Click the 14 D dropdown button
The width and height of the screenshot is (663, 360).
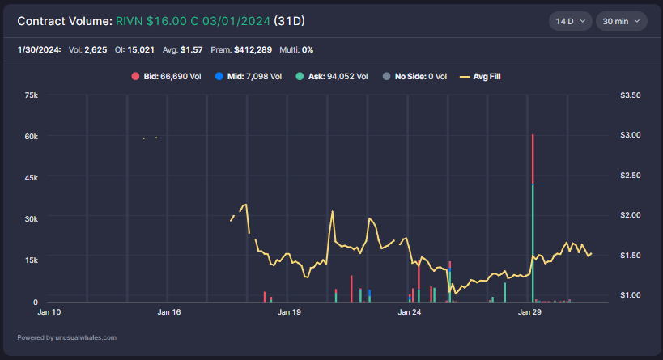pyautogui.click(x=569, y=20)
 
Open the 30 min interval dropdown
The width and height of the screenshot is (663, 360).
pyautogui.click(x=621, y=20)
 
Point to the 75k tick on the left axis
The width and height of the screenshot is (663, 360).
pyautogui.click(x=32, y=95)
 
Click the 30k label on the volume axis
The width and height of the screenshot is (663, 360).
pyautogui.click(x=32, y=218)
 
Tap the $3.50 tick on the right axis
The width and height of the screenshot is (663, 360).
pyautogui.click(x=630, y=95)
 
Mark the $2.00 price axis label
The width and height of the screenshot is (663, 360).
pyautogui.click(x=630, y=215)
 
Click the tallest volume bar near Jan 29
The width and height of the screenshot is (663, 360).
pyautogui.click(x=533, y=218)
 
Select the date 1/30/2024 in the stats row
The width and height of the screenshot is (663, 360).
pyautogui.click(x=39, y=49)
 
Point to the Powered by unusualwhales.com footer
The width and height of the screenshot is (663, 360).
pyautogui.click(x=66, y=337)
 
